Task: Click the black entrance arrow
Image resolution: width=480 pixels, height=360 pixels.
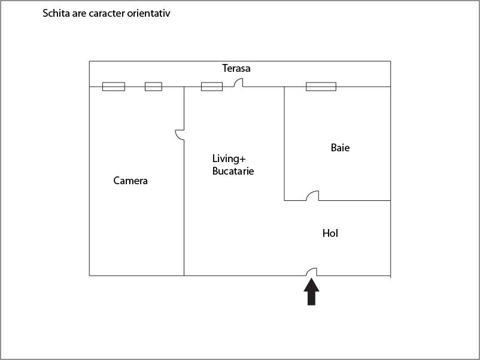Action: tap(311, 292)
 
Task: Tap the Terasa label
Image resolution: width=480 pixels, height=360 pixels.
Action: tap(236, 68)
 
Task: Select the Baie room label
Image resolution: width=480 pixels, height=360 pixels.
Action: tap(340, 148)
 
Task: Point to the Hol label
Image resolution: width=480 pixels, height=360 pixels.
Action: tap(330, 233)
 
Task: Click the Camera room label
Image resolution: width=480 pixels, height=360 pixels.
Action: tap(130, 181)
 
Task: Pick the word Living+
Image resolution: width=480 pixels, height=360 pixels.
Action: tap(229, 158)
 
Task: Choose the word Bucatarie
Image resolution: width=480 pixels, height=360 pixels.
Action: tap(233, 171)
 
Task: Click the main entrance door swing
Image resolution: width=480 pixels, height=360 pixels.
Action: tap(312, 271)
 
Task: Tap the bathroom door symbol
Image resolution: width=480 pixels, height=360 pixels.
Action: tap(312, 196)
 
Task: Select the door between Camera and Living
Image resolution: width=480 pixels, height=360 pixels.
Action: tap(180, 135)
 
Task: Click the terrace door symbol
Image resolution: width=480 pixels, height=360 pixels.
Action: tap(238, 83)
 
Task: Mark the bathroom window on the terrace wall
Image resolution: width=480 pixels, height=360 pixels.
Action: tap(321, 87)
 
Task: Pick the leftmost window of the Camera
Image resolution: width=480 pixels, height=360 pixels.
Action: tap(114, 87)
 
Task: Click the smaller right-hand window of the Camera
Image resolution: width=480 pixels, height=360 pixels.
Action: tap(153, 87)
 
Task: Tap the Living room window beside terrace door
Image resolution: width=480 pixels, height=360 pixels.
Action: tap(212, 87)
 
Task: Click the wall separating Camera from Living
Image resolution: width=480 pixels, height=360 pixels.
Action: tap(184, 181)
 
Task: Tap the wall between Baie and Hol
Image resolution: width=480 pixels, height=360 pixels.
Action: tap(338, 201)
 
